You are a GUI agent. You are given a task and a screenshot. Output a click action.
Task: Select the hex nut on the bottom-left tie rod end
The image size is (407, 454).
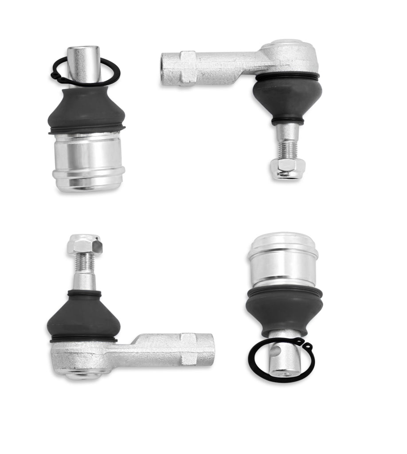[84, 244]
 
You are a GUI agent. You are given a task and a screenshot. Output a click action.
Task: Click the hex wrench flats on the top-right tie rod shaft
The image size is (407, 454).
[188, 68]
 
